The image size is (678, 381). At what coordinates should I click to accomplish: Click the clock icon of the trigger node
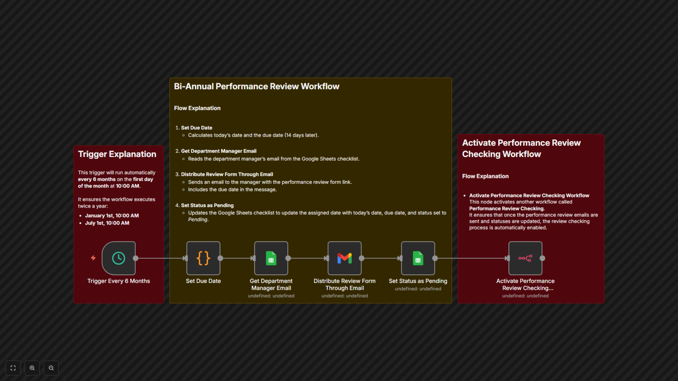pyautogui.click(x=118, y=258)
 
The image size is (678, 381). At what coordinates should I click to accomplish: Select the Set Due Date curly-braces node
pyautogui.click(x=203, y=258)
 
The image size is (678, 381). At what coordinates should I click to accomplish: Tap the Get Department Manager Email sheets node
pyautogui.click(x=271, y=258)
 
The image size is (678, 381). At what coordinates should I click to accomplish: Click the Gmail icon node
pyautogui.click(x=344, y=258)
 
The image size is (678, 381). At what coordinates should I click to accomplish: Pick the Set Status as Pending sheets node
pyautogui.click(x=418, y=258)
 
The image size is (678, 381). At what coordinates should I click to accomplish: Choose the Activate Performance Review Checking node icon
pyautogui.click(x=525, y=258)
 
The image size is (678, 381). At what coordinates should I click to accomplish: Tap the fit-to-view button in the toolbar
pyautogui.click(x=13, y=368)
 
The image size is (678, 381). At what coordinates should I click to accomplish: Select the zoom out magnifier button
pyautogui.click(x=51, y=368)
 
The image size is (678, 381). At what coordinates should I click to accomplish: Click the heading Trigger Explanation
pyautogui.click(x=117, y=154)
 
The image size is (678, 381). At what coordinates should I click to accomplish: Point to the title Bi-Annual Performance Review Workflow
pyautogui.click(x=257, y=86)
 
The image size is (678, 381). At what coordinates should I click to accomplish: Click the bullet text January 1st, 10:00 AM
pyautogui.click(x=112, y=216)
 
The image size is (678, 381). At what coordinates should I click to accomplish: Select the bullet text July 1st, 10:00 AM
pyautogui.click(x=107, y=223)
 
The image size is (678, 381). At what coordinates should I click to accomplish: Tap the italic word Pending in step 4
pyautogui.click(x=198, y=220)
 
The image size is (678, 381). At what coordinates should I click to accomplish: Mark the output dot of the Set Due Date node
pyautogui.click(x=220, y=258)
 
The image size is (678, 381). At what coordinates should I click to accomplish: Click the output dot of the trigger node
pyautogui.click(x=136, y=258)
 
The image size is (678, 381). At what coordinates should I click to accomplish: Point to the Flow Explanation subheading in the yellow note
pyautogui.click(x=197, y=108)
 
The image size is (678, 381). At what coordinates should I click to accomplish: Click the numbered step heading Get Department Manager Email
pyautogui.click(x=219, y=151)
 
